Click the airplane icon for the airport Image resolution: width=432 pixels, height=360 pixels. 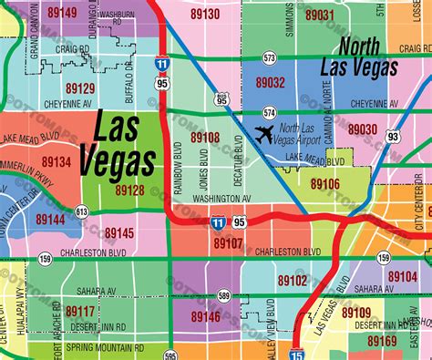pyautogui.click(x=265, y=136)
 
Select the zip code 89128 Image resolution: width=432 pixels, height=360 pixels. pyautogui.click(x=129, y=190)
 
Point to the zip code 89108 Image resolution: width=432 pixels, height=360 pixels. pyautogui.click(x=204, y=138)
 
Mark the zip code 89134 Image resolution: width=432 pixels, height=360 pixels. pyautogui.click(x=57, y=162)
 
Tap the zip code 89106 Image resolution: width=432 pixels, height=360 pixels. pyautogui.click(x=324, y=183)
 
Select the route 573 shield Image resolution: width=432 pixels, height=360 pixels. pyautogui.click(x=270, y=57)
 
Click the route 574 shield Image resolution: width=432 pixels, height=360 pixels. pyautogui.click(x=270, y=112)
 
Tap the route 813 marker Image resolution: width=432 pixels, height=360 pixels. pyautogui.click(x=82, y=211)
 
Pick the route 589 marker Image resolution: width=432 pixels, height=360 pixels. pyautogui.click(x=224, y=294)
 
